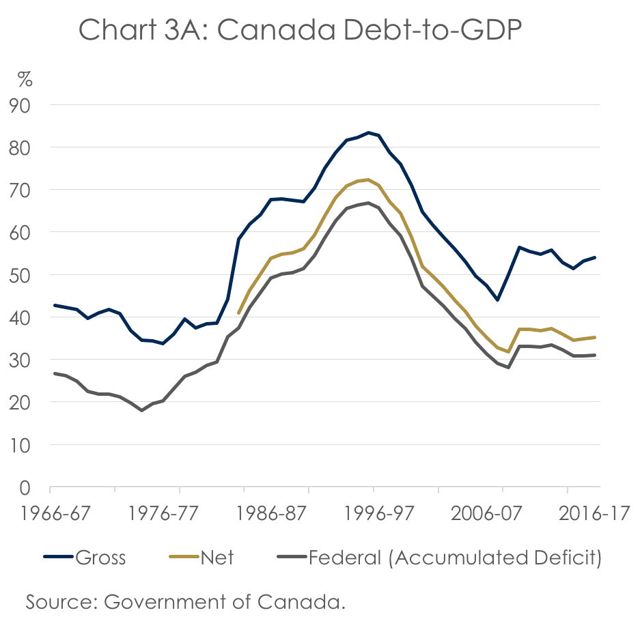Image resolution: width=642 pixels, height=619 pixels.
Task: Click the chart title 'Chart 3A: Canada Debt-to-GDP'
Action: point(300,30)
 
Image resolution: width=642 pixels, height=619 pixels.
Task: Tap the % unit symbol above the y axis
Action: point(25,81)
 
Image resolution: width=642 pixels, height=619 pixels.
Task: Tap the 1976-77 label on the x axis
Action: point(180,514)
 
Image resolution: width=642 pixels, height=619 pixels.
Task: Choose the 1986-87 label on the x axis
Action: point(309,514)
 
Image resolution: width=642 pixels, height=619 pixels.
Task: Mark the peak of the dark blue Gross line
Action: point(368,132)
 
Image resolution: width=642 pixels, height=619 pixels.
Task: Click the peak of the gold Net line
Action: point(369,179)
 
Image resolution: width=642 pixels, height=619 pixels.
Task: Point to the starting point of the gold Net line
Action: point(238,313)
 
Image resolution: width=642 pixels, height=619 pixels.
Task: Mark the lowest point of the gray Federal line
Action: point(141,410)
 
